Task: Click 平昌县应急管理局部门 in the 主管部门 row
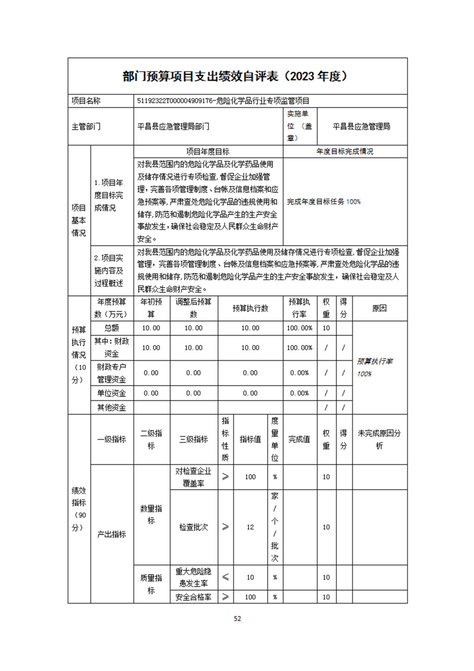(x=173, y=127)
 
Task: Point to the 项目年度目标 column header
(x=208, y=152)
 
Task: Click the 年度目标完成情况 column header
(x=345, y=152)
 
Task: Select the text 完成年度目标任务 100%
(x=323, y=202)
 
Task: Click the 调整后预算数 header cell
(x=193, y=308)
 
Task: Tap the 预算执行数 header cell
(x=250, y=308)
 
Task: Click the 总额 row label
(x=112, y=328)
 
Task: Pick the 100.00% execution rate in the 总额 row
(x=300, y=328)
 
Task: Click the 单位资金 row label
(x=112, y=393)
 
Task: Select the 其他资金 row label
(x=112, y=407)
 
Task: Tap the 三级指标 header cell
(x=193, y=439)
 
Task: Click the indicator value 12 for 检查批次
(x=250, y=527)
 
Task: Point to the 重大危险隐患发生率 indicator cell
(x=193, y=577)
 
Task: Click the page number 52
(x=237, y=618)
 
